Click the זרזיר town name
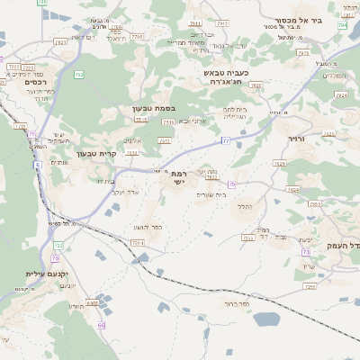tap(299, 139)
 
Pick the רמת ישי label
tap(179, 177)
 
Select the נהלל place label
tap(244, 206)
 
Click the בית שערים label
tap(233, 193)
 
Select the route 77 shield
tap(225, 141)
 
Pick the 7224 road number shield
tap(138, 243)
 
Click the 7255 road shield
tap(310, 286)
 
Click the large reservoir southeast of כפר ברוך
tap(266, 319)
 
